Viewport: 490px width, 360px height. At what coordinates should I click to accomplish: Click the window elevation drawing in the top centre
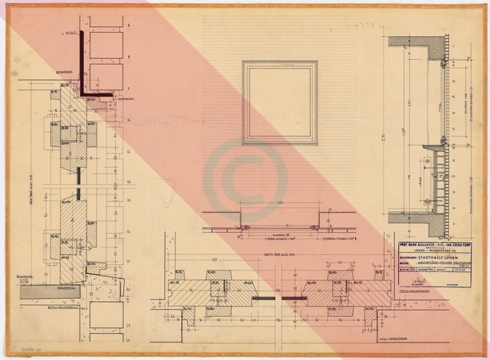pyautogui.click(x=280, y=103)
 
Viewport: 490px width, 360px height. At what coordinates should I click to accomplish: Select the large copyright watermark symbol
pyautogui.click(x=245, y=180)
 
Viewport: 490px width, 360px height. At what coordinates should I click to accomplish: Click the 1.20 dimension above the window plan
pyautogui.click(x=279, y=203)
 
